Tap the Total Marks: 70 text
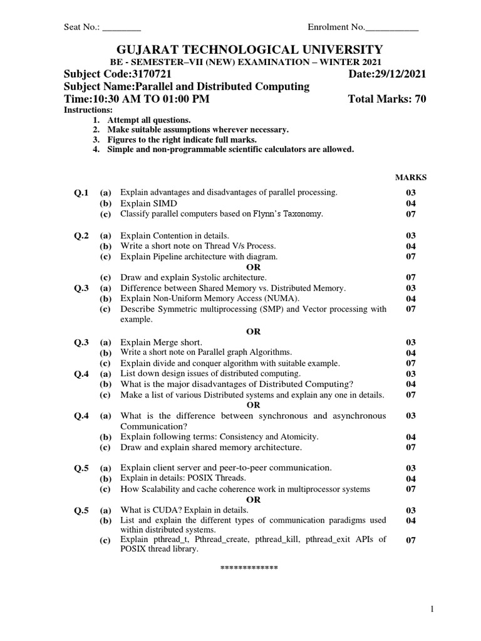point(386,100)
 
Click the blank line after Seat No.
point(122,28)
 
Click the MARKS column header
point(410,178)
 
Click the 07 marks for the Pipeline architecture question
point(411,257)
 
